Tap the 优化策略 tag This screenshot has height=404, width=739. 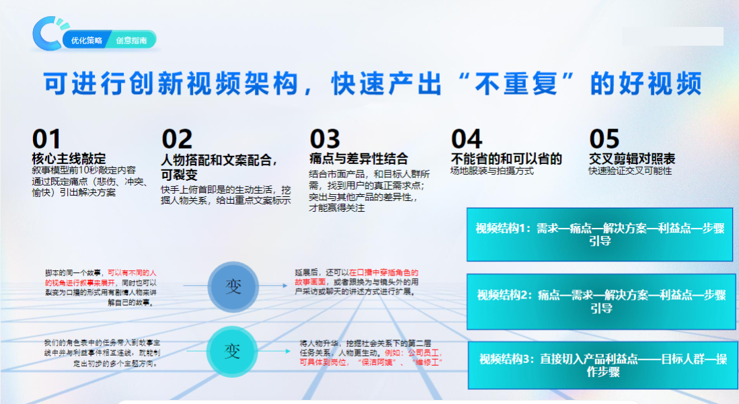87,40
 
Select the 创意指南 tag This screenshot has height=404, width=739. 131,40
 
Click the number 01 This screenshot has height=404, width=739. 46,139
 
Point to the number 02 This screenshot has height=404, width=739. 177,139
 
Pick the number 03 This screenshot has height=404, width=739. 325,139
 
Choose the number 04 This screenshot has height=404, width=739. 467,139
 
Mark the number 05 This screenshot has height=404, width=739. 605,139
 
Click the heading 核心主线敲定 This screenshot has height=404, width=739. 69,159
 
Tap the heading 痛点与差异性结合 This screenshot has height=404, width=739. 358,159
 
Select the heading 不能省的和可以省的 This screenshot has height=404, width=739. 506,159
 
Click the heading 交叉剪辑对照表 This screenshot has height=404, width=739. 632,159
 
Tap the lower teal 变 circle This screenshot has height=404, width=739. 232,350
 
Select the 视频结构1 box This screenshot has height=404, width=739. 600,235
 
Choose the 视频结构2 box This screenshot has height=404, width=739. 600,301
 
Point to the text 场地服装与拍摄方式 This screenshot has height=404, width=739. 492,171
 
